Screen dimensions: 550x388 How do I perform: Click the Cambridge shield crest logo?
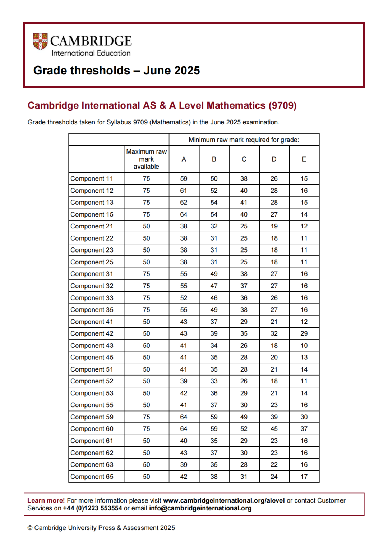click(x=40, y=41)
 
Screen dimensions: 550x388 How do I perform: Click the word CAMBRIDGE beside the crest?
click(x=91, y=41)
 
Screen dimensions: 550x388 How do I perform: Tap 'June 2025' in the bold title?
click(x=171, y=70)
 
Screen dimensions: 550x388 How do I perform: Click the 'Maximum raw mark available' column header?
click(x=146, y=159)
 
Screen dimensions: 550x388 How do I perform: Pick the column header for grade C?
click(x=244, y=159)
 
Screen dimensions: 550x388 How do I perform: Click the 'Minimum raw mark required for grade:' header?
click(x=244, y=140)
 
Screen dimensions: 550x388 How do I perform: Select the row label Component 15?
click(x=92, y=214)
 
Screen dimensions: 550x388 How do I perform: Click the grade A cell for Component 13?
click(x=184, y=203)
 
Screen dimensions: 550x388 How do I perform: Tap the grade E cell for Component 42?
click(x=304, y=333)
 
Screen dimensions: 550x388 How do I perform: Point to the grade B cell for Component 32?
click(x=214, y=286)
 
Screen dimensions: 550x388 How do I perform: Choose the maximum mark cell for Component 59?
click(x=146, y=417)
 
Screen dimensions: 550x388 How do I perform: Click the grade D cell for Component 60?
click(x=274, y=429)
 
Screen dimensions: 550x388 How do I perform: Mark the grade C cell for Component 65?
click(x=244, y=477)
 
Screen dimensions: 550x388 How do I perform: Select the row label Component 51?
click(x=92, y=369)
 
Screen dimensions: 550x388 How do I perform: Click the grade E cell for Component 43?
click(x=304, y=346)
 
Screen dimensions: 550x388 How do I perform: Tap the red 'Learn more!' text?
click(x=46, y=500)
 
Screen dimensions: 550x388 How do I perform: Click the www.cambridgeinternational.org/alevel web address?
click(x=224, y=500)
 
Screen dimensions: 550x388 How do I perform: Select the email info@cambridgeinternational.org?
click(x=200, y=508)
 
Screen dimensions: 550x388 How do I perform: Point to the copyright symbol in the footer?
click(x=30, y=528)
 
